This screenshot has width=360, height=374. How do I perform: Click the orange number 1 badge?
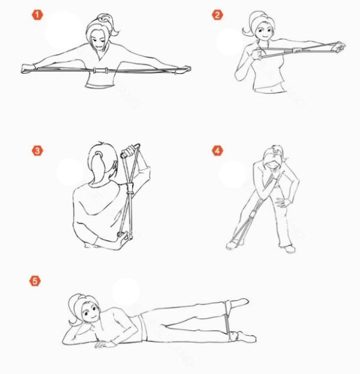[37, 15]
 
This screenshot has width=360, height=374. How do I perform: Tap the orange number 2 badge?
[217, 15]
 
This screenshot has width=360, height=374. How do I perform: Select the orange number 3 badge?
[37, 151]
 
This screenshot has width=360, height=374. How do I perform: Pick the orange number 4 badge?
[217, 151]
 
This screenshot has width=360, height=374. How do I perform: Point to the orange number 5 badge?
[35, 280]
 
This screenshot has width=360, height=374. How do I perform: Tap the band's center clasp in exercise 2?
[298, 50]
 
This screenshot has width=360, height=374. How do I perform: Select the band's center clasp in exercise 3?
[130, 188]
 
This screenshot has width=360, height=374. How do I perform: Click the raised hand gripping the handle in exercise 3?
[129, 151]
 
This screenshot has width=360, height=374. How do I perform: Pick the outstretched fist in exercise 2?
[340, 47]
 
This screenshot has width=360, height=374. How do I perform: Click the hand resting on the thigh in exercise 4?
[283, 202]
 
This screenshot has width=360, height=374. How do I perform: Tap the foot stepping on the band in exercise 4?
[233, 244]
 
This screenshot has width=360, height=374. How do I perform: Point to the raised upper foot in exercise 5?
[239, 303]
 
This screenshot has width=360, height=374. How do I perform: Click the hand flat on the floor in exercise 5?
[104, 345]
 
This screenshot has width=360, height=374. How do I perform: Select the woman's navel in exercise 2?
[271, 90]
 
